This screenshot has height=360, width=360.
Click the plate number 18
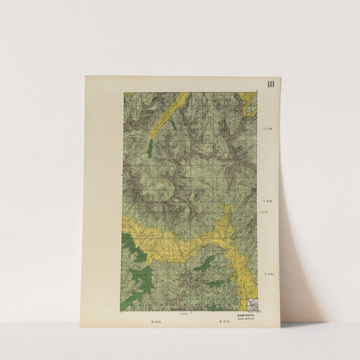(x=271, y=84)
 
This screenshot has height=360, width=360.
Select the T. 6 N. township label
(x=268, y=202)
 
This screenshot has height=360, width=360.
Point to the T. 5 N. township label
(x=268, y=274)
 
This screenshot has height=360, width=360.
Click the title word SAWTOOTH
(x=246, y=314)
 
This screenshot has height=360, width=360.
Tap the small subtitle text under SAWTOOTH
(x=246, y=318)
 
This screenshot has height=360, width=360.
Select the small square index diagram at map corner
(x=252, y=305)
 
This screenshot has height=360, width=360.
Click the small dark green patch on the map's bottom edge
(x=213, y=307)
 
